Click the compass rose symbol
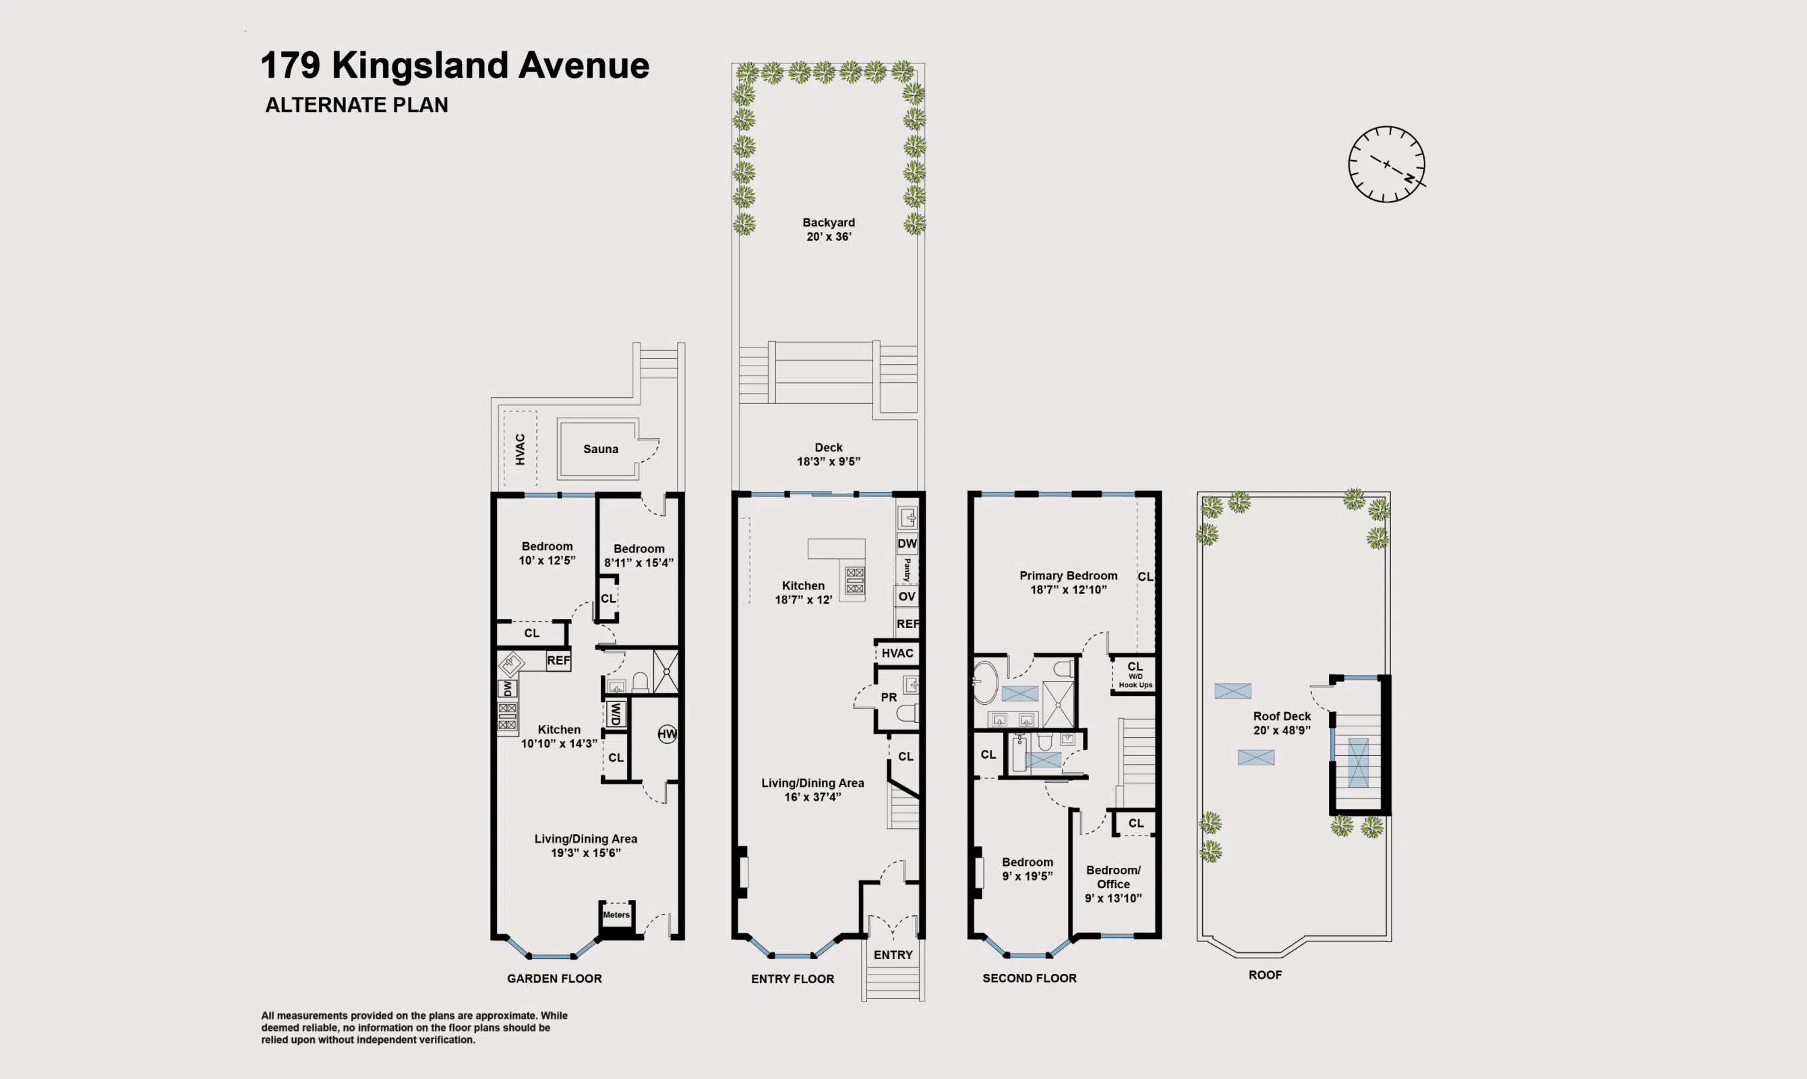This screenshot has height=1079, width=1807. tap(1386, 165)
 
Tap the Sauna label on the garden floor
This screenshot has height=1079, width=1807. tap(600, 449)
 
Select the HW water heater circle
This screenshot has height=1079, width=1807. tap(667, 734)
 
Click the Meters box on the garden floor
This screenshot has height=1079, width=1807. tap(616, 915)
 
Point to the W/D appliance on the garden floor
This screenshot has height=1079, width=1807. tap(616, 714)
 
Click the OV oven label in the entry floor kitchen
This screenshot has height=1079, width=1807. tap(906, 597)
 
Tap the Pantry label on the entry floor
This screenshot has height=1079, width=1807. tap(907, 570)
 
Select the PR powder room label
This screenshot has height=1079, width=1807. tap(888, 697)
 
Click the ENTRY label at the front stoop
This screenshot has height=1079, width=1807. tap(893, 955)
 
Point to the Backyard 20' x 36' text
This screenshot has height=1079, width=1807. tap(829, 229)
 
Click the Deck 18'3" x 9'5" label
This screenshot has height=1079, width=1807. tap(829, 455)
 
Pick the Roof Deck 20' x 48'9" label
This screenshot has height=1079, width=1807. tap(1282, 723)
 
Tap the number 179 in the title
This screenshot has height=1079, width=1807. tap(290, 65)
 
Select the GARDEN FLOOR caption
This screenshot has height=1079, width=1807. tap(554, 979)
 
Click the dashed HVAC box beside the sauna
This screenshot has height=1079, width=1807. tap(520, 448)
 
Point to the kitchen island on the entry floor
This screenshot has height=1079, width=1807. tap(836, 548)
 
